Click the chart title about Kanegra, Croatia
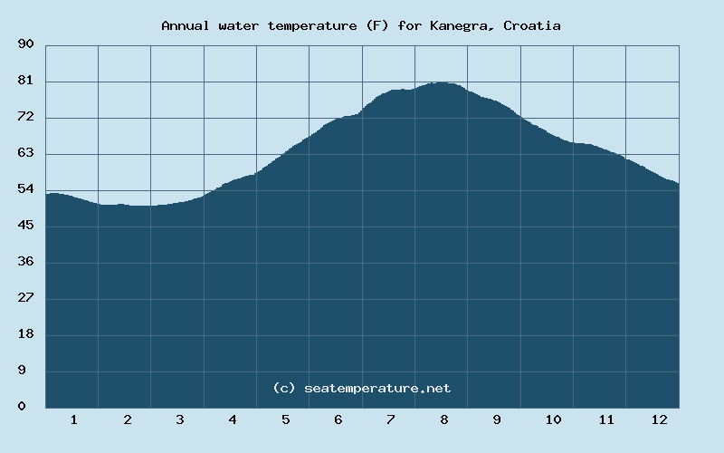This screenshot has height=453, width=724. pyautogui.click(x=360, y=25)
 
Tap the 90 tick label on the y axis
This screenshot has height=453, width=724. pyautogui.click(x=25, y=44)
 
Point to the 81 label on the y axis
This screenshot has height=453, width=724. pyautogui.click(x=25, y=81)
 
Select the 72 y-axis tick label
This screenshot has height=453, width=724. pyautogui.click(x=25, y=117)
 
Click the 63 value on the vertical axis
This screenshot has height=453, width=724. pyautogui.click(x=25, y=153)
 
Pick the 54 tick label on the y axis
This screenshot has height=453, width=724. pyautogui.click(x=25, y=189)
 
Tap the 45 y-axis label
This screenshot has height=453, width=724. pyautogui.click(x=25, y=226)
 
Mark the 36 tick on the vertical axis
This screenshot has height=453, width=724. pyautogui.click(x=25, y=262)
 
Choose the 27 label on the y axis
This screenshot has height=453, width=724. pyautogui.click(x=25, y=298)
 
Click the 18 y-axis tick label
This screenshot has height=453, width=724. pyautogui.click(x=25, y=334)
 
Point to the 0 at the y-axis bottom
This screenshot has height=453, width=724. pyautogui.click(x=22, y=407)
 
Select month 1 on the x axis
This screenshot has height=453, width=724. pyautogui.click(x=73, y=419)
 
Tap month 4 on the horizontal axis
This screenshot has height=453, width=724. pyautogui.click(x=233, y=419)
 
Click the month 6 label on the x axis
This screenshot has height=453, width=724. pyautogui.click(x=338, y=419)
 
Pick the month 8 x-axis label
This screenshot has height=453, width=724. pyautogui.click(x=444, y=419)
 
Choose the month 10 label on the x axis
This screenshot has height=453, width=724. pyautogui.click(x=553, y=419)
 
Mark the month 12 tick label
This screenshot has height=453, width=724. pyautogui.click(x=659, y=419)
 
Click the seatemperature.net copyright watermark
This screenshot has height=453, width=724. pyautogui.click(x=361, y=388)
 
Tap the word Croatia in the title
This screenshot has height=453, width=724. pyautogui.click(x=534, y=25)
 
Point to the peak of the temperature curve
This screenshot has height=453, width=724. pyautogui.click(x=440, y=82)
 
